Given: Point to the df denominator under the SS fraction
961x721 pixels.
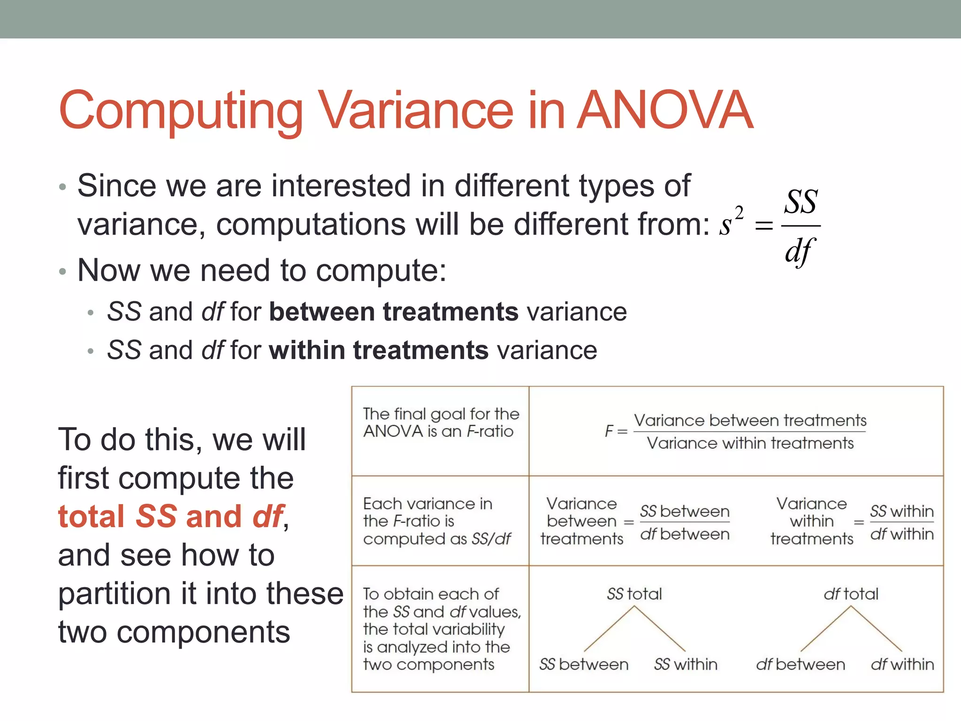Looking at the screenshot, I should click(800, 251).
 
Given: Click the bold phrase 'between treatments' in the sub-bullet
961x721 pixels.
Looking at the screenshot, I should click(394, 312).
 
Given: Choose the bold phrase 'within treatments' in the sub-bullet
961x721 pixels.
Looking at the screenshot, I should click(379, 350).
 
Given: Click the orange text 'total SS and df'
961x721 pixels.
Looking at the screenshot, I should click(171, 516).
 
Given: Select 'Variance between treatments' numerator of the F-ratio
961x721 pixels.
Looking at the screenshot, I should click(750, 420).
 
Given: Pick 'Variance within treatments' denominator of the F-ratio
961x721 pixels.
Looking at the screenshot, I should click(750, 443).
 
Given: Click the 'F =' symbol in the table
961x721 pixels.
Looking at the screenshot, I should click(615, 431).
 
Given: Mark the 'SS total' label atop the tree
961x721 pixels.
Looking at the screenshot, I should click(634, 594).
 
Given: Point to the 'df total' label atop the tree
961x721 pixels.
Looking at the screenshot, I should click(851, 594).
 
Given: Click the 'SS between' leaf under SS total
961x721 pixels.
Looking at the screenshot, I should click(584, 664).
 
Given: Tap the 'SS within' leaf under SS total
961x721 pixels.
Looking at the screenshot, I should click(686, 664).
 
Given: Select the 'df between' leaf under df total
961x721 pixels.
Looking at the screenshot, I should click(801, 664).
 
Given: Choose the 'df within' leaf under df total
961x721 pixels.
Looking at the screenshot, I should click(902, 664).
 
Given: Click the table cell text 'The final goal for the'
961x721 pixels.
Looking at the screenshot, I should click(441, 414).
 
